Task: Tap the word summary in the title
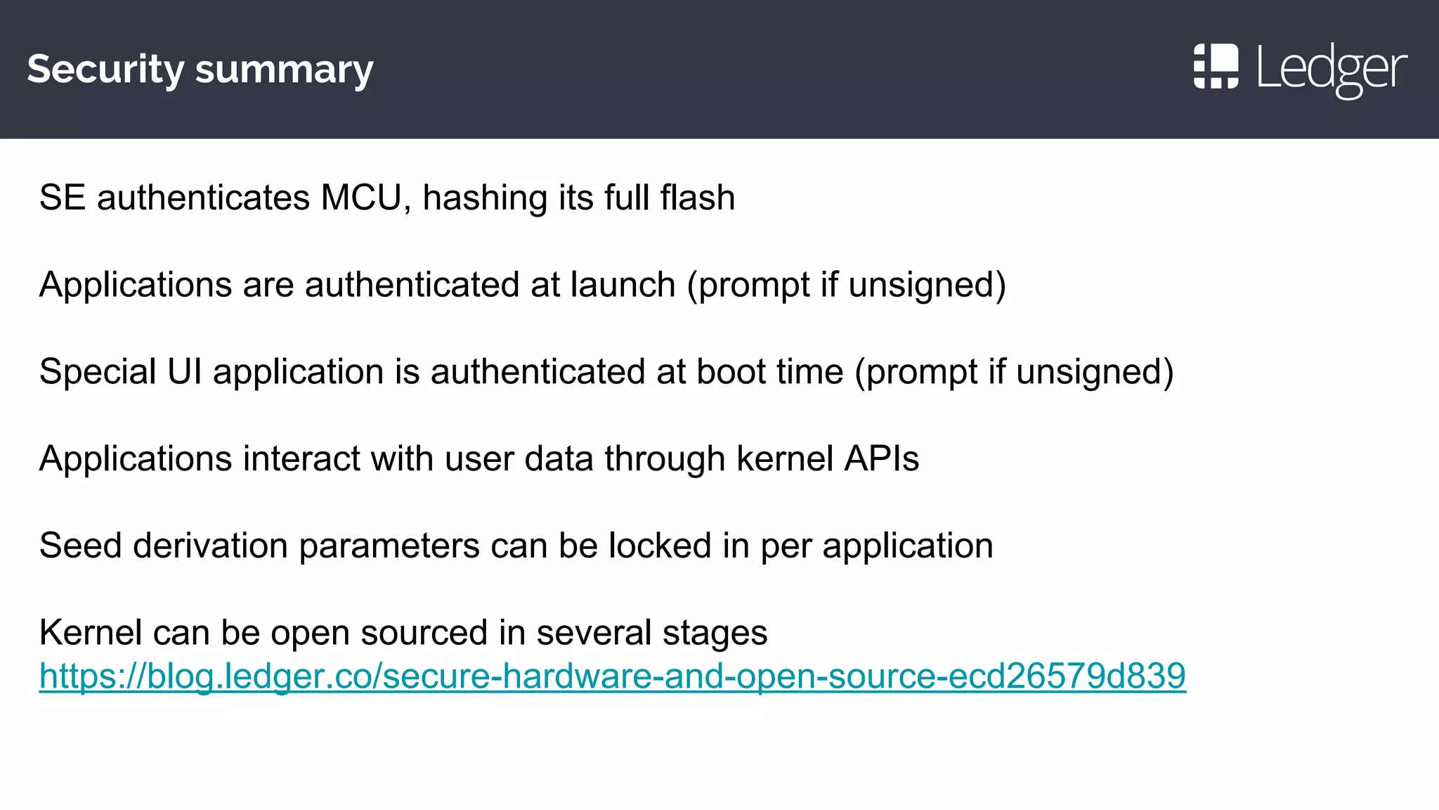(x=284, y=70)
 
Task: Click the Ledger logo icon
(x=1216, y=67)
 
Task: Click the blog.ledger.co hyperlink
(x=612, y=676)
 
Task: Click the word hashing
(x=485, y=198)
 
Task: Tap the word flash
(x=697, y=198)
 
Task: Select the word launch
(x=623, y=285)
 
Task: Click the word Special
(x=97, y=371)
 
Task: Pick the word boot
(x=726, y=371)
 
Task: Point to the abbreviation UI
(x=185, y=371)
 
